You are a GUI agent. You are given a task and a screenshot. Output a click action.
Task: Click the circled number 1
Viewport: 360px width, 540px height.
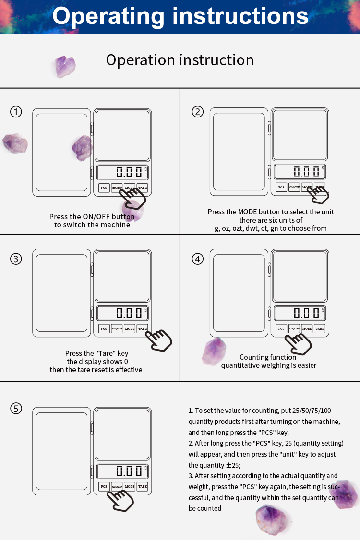(16, 112)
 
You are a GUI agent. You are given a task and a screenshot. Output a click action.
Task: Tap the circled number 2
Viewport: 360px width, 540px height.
(198, 112)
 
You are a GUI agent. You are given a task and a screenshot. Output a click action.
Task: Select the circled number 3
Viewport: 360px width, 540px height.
(16, 258)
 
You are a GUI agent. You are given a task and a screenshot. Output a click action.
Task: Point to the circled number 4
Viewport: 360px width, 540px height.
(198, 258)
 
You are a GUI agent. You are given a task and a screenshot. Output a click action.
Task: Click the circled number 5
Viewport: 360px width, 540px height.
(16, 409)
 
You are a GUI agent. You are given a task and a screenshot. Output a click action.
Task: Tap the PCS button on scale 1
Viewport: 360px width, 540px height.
(104, 188)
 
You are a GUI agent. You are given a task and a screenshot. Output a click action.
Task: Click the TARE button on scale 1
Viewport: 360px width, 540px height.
(143, 188)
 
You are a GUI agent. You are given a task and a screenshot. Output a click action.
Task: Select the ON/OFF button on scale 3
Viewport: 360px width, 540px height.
(117, 329)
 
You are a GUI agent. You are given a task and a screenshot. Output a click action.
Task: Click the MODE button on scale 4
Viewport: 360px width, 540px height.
(307, 329)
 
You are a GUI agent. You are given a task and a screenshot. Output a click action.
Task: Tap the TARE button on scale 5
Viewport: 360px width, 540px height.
(143, 486)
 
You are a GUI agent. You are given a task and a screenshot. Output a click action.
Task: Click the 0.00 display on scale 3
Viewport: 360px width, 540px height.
(122, 313)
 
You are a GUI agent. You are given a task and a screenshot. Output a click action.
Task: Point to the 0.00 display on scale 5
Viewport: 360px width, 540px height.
(122, 471)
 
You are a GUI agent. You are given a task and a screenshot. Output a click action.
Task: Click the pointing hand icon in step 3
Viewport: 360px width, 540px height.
(158, 340)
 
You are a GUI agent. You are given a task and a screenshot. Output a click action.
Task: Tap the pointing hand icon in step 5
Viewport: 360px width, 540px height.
(120, 501)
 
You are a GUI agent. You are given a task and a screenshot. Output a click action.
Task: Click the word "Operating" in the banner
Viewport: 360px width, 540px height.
(108, 16)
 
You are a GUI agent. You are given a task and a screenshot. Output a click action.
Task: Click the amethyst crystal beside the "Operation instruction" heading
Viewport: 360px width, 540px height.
(65, 67)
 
